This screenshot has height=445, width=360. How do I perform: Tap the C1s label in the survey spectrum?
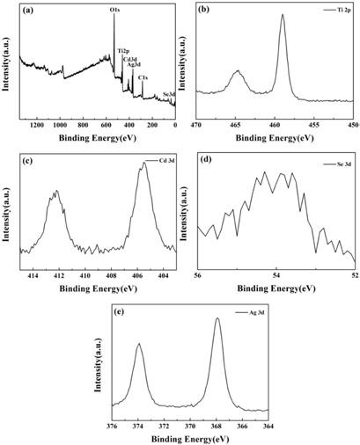[143, 78]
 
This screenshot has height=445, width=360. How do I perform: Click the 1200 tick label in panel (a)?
[37, 126]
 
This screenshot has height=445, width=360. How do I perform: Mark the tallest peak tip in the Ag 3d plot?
[217, 318]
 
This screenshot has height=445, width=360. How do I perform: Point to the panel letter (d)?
[205, 159]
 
